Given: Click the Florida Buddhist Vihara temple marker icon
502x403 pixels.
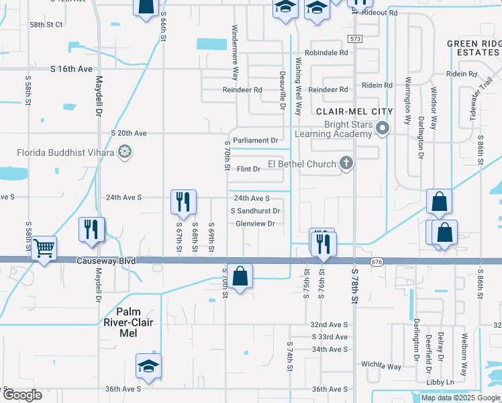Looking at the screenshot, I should (124, 152).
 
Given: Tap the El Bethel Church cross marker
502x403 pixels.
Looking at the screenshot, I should (346, 163).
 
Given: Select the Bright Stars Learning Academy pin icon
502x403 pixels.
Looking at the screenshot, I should (383, 128).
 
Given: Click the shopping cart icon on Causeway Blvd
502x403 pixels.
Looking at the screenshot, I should (44, 248).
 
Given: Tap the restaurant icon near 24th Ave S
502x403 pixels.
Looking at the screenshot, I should (183, 201).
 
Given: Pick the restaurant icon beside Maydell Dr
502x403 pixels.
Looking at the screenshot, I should (92, 230).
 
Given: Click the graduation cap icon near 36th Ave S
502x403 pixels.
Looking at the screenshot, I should (148, 366).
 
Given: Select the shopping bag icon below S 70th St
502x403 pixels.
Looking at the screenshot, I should (240, 275).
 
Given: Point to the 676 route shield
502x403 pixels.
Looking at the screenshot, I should (375, 260).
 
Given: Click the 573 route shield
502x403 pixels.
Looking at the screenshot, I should (355, 39).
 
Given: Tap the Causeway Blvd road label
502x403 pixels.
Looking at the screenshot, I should (106, 261).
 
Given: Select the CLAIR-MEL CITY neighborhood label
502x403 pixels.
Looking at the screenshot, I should (360, 111).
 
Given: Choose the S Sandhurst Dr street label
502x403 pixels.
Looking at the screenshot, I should (255, 211).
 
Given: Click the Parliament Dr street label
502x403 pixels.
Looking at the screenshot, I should (256, 140).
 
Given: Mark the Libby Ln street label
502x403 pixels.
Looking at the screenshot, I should (440, 382).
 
